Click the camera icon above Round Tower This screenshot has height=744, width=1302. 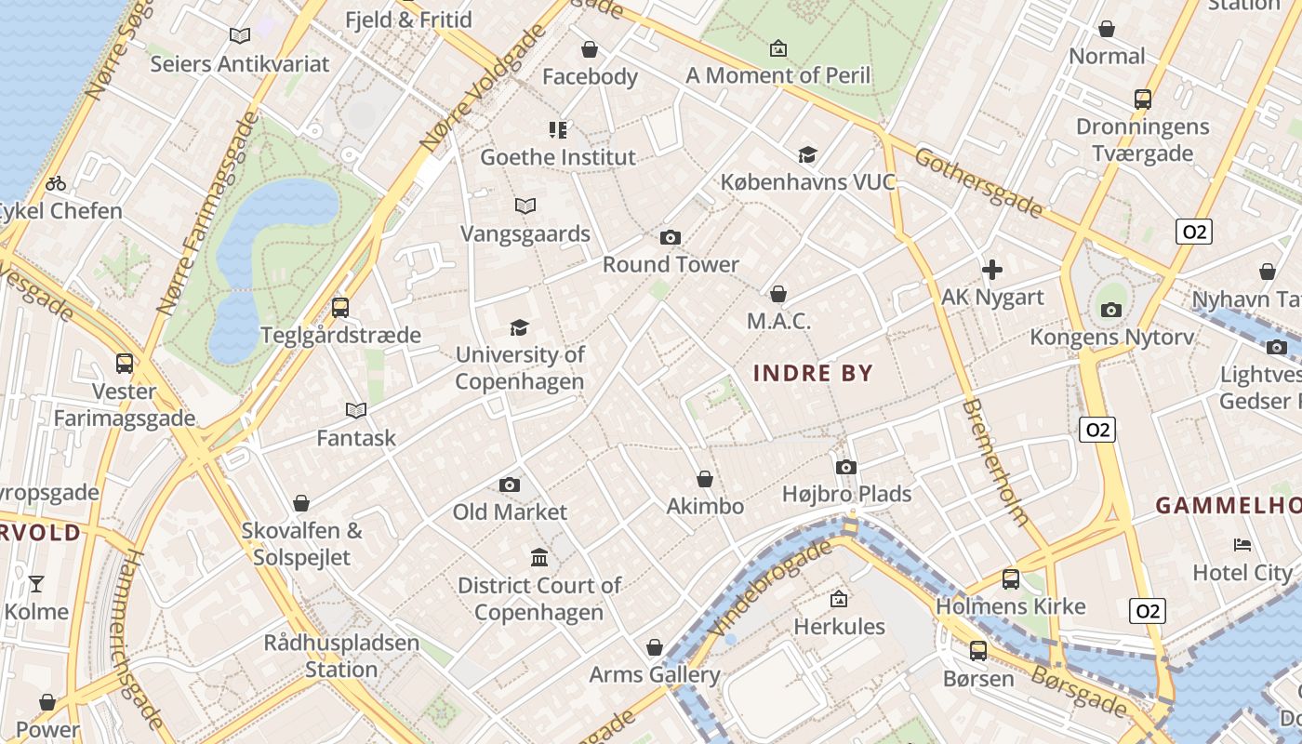pos(670,238)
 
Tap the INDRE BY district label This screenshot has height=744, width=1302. pos(813,374)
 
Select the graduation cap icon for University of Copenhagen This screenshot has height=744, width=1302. pos(519,327)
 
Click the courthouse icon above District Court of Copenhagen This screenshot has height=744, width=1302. pos(539,558)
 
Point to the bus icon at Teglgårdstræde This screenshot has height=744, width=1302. pos(340,307)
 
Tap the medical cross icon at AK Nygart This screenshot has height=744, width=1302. pos(992,271)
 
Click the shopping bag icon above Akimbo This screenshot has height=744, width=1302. pos(705,479)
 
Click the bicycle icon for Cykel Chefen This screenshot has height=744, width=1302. pos(56,183)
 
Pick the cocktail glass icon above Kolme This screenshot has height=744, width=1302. pos(36,584)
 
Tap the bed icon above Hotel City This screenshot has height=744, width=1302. pos(1242,545)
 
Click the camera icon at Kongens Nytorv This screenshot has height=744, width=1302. pos(1110,310)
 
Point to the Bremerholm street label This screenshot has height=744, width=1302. pos(994,462)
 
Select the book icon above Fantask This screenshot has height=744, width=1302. pos(355,410)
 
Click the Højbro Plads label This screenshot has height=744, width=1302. pos(846,494)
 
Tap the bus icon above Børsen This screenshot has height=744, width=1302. pos(977,650)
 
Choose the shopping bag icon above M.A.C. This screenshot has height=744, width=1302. pos(778,294)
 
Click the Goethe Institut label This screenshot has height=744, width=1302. pos(558,157)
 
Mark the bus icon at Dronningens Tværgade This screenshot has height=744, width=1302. pos(1142,100)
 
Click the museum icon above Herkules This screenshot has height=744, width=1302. pos(839,599)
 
